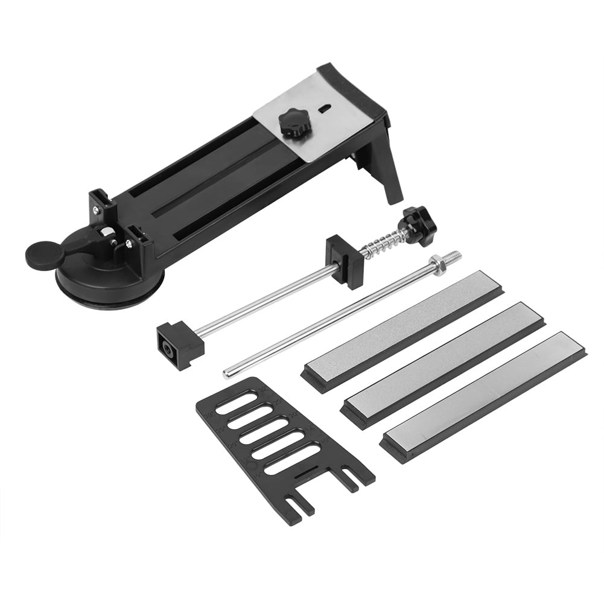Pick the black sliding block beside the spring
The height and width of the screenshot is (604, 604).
(x=345, y=256)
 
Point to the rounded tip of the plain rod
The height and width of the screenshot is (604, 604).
(x=227, y=374)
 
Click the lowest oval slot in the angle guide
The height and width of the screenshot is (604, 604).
(x=292, y=458)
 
